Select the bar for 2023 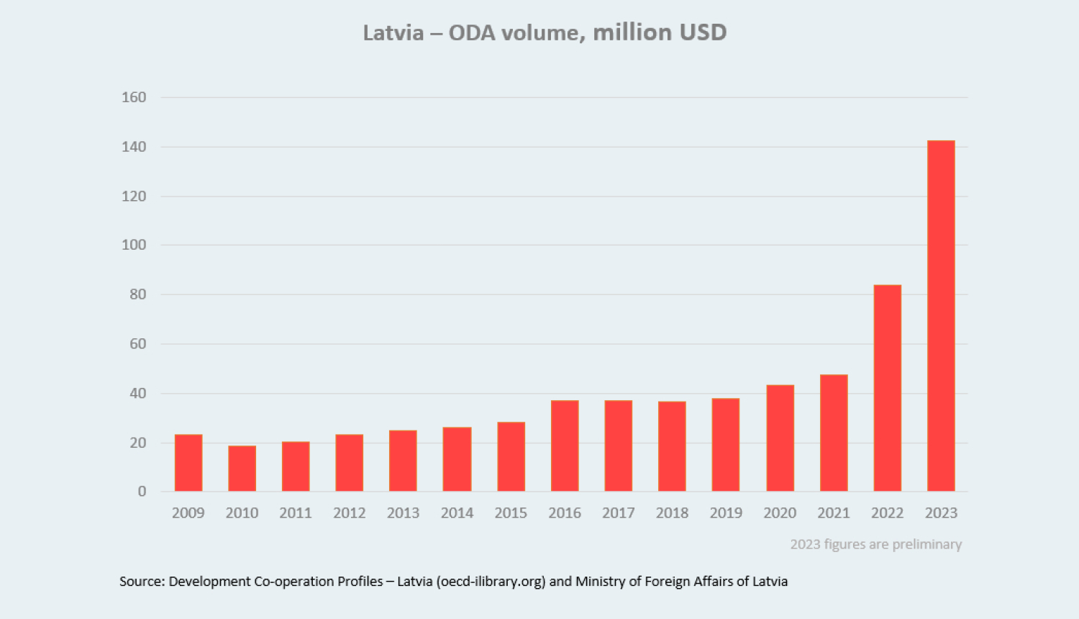pos(941,316)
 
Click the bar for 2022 pos(887,388)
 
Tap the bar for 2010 pos(242,469)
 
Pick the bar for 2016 pos(565,446)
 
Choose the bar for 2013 pos(403,461)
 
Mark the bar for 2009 pos(188,463)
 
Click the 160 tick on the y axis pos(134,97)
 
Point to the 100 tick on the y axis pos(134,245)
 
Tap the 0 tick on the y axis pos(142,492)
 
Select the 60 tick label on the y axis pos(137,344)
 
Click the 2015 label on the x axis pos(511,513)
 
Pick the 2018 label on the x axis pos(672,513)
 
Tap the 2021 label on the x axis pos(833,513)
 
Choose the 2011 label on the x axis pos(296,513)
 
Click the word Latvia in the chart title pos(393,33)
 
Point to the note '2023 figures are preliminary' pos(875,544)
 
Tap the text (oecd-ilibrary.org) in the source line pos(491,582)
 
